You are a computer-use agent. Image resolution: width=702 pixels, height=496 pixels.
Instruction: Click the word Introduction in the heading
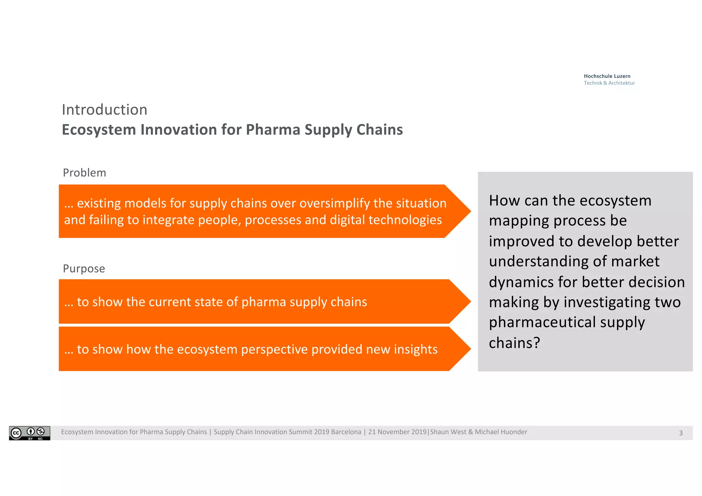click(105, 110)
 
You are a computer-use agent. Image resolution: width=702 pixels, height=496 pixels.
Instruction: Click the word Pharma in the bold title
click(273, 130)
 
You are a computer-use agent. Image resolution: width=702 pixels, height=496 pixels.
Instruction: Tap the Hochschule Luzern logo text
click(607, 76)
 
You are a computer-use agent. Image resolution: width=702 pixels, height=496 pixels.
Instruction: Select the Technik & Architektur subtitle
click(609, 83)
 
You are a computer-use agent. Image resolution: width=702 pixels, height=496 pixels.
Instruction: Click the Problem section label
click(84, 173)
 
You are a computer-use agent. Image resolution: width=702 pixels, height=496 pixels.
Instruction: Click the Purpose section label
click(84, 268)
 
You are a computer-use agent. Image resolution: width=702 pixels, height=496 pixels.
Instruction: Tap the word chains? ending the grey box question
click(514, 343)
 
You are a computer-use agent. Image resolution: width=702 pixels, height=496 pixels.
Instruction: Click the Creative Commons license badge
click(29, 433)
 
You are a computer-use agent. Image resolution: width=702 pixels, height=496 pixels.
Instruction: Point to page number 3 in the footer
click(681, 433)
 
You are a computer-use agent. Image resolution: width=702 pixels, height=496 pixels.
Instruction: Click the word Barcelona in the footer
click(346, 432)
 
